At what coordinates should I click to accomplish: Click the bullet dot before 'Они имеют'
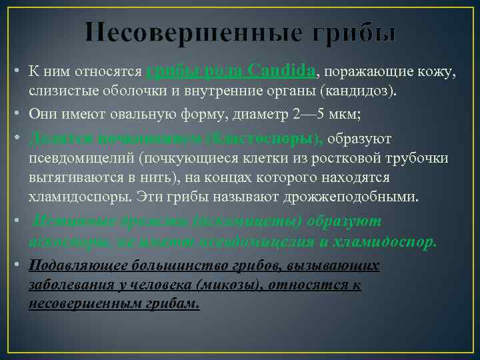[x=15, y=115]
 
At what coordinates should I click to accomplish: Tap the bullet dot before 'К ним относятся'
[x=15, y=71]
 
